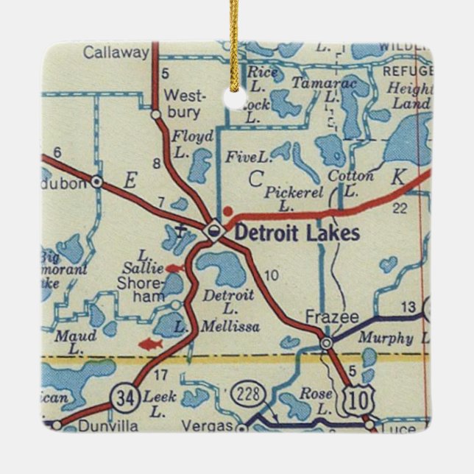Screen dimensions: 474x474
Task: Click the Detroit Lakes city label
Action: pos(297,233)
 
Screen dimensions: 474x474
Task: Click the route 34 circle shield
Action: pos(122,400)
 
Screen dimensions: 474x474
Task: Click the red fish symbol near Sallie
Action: pos(174,269)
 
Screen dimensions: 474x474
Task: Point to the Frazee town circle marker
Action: pos(326,342)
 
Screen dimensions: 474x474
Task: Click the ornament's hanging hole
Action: pos(236,100)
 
